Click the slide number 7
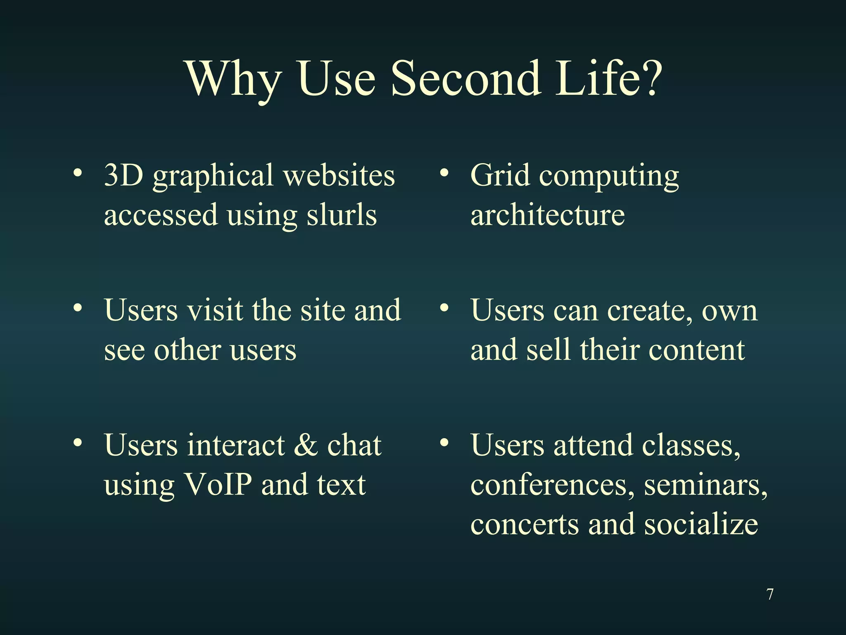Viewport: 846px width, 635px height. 770,594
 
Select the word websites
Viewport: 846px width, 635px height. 339,175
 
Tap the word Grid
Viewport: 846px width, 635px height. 500,175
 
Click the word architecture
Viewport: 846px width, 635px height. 547,215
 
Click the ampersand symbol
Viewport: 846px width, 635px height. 306,445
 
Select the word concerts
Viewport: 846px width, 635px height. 524,524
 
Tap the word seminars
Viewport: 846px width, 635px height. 704,485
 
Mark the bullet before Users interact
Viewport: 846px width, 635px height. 77,443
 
